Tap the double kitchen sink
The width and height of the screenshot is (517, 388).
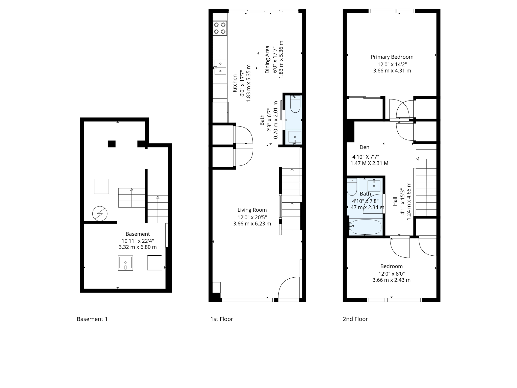(220, 67)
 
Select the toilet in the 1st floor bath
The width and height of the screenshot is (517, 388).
(295, 105)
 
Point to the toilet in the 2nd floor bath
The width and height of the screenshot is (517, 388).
(352, 187)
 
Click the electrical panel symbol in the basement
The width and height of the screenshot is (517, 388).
(100, 214)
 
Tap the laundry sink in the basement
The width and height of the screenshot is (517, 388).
(125, 263)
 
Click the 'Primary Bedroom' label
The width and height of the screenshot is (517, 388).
(392, 57)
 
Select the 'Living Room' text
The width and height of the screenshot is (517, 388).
(252, 210)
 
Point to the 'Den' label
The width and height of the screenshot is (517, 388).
(364, 147)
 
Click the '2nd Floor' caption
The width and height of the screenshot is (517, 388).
(355, 319)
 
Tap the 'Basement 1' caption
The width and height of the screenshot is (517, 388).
(92, 319)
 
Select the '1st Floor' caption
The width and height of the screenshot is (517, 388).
(222, 319)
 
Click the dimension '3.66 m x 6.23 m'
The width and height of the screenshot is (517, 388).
(252, 224)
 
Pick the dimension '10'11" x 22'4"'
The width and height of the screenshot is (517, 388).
(138, 241)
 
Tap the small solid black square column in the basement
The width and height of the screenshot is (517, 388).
(112, 144)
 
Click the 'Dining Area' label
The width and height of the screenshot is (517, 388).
(267, 60)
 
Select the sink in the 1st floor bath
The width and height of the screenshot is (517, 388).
(295, 137)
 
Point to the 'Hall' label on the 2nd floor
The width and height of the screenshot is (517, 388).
(395, 201)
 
